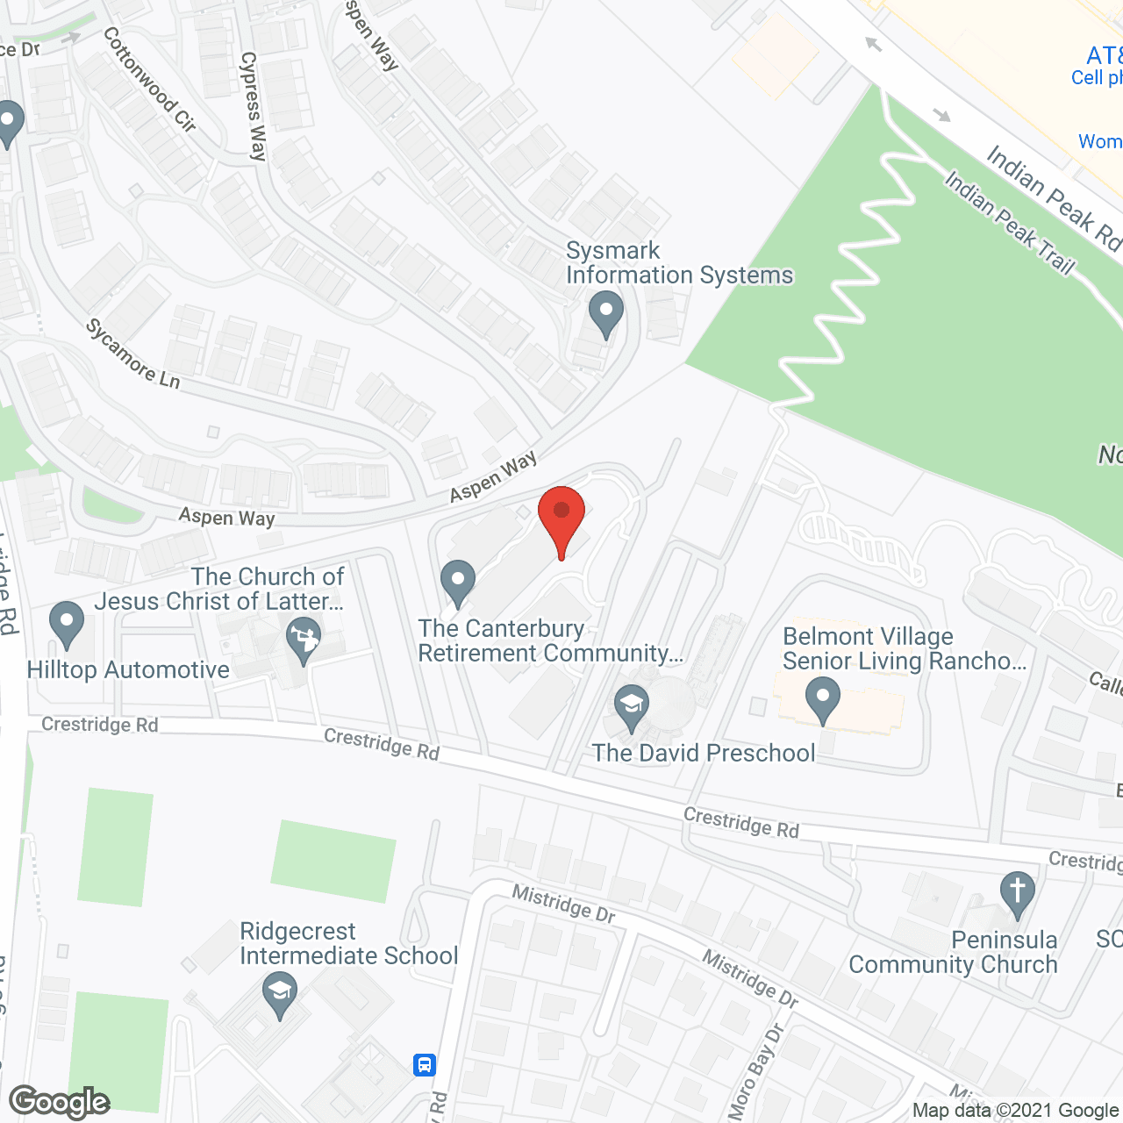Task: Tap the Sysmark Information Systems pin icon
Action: pyautogui.click(x=605, y=314)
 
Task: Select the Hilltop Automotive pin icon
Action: pyautogui.click(x=67, y=624)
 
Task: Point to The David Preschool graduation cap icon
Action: pyautogui.click(x=631, y=707)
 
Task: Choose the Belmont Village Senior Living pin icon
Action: pyautogui.click(x=822, y=701)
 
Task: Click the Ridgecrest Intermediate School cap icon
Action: pyautogui.click(x=280, y=994)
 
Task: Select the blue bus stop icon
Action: pyautogui.click(x=425, y=1065)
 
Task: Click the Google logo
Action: pyautogui.click(x=60, y=1102)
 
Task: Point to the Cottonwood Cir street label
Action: pyautogui.click(x=149, y=79)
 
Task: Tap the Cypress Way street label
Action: pyautogui.click(x=254, y=106)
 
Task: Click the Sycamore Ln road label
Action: pyautogui.click(x=132, y=354)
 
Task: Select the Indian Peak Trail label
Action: pyautogui.click(x=1009, y=223)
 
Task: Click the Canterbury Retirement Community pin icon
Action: pyautogui.click(x=457, y=583)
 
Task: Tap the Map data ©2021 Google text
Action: pyautogui.click(x=1015, y=1111)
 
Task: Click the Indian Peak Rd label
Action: pyautogui.click(x=1053, y=198)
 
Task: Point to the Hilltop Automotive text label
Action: pyautogui.click(x=128, y=670)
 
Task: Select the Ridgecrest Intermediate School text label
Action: pyautogui.click(x=348, y=943)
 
